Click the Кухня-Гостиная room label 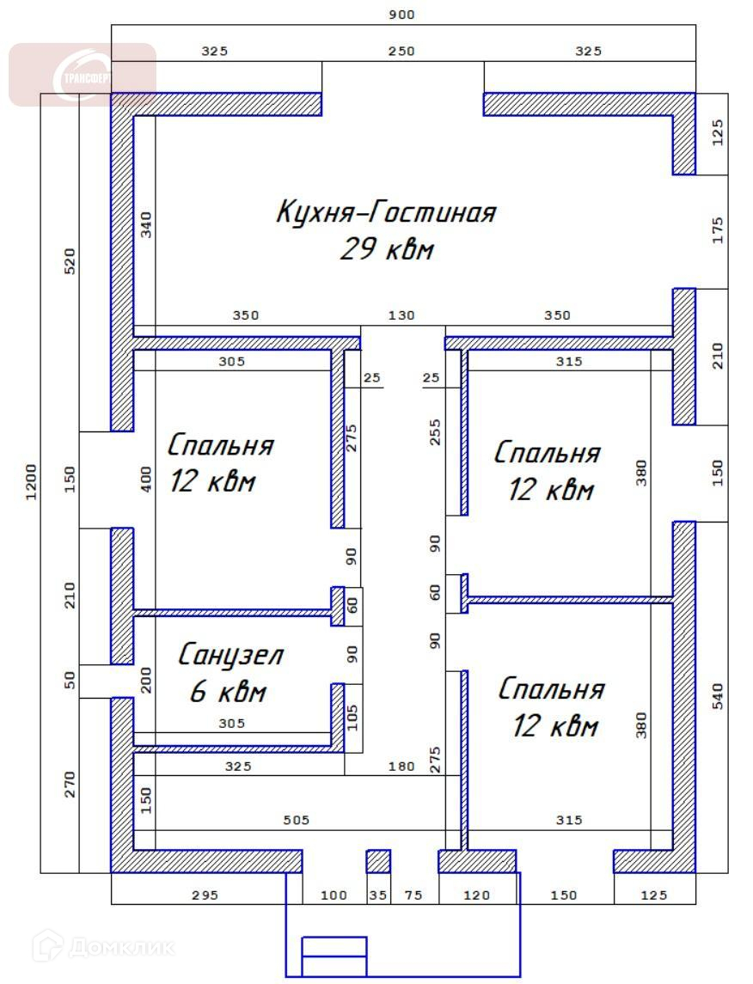coord(386,212)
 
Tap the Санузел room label coord(231,655)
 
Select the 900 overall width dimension coord(401,15)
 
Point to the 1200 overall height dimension coord(31,482)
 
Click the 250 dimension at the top coord(401,51)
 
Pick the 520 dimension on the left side coord(70,261)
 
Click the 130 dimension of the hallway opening coord(401,315)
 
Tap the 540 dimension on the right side coord(718,697)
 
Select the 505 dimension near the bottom coord(297,820)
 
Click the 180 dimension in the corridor coord(401,766)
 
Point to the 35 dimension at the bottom coord(377,895)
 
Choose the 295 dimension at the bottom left coord(205,895)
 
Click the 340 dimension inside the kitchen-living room coord(145,224)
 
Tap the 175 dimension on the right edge coord(718,230)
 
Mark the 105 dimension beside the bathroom coord(352,718)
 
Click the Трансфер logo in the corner coord(83,76)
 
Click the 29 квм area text coord(387,249)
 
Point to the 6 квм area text coord(229,692)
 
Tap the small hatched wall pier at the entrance coord(378,861)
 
